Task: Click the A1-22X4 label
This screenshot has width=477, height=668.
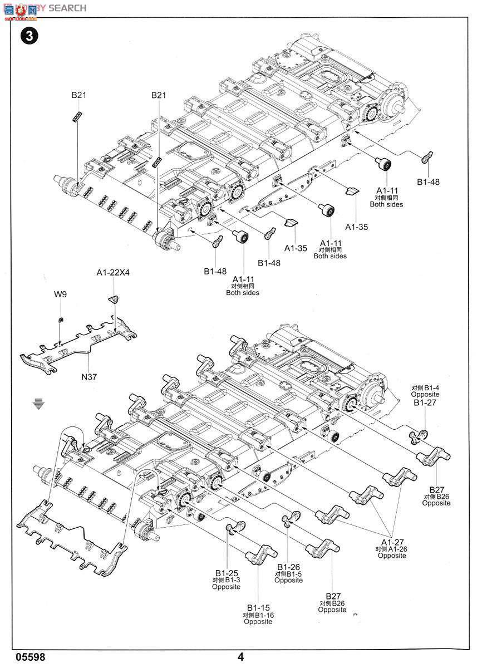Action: tap(113, 272)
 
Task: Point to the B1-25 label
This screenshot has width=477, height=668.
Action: tap(227, 573)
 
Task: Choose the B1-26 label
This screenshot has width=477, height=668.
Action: tap(288, 567)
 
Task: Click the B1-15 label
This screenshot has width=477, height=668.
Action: tap(258, 608)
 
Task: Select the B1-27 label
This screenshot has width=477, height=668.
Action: tap(426, 402)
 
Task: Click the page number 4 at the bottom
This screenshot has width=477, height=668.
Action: tap(240, 657)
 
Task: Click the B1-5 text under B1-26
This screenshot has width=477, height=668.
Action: tap(292, 574)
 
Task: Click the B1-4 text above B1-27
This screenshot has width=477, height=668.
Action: tap(430, 387)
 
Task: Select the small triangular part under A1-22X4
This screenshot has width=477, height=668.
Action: tap(114, 300)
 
